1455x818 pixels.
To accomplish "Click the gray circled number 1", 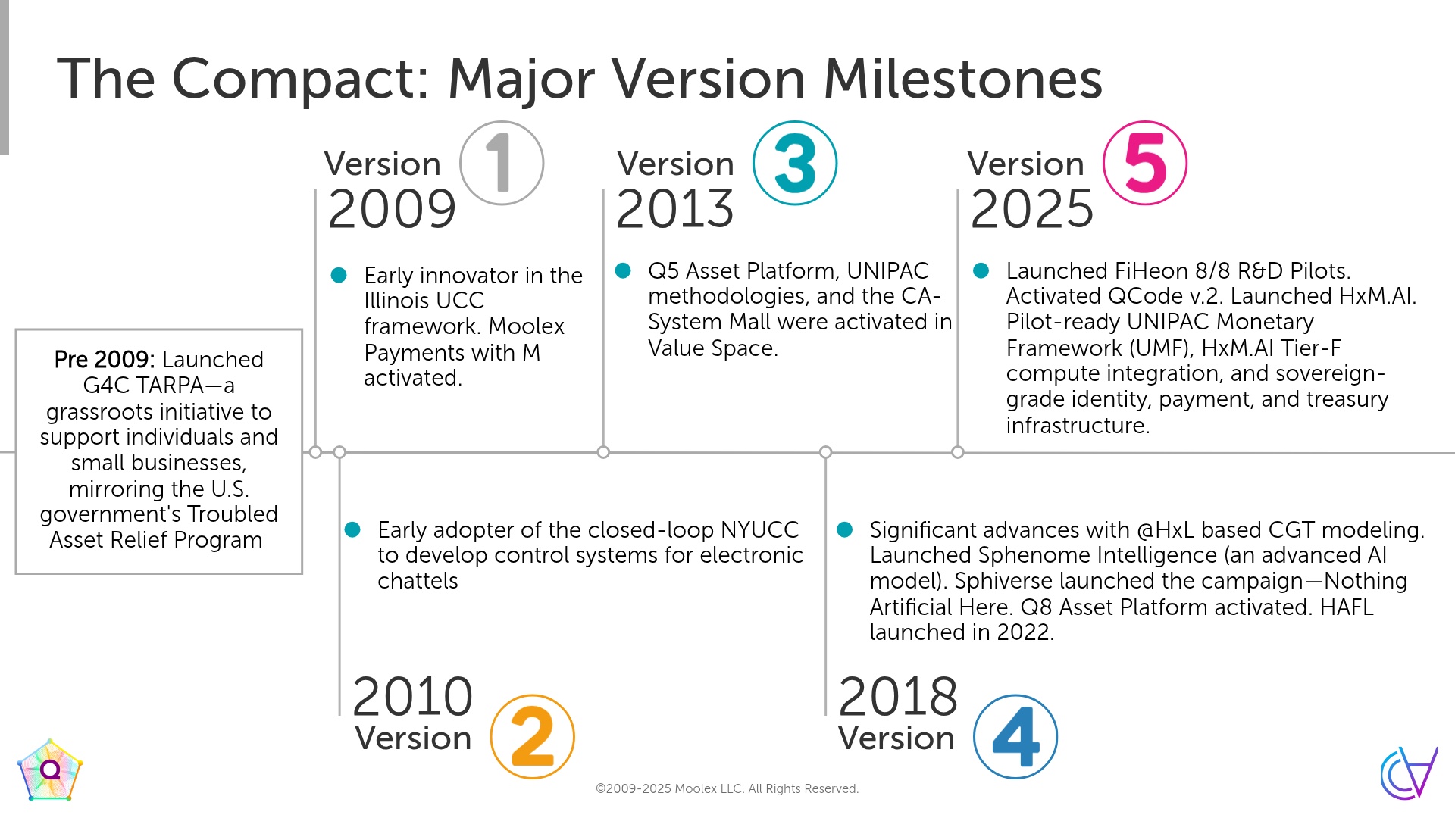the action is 502,163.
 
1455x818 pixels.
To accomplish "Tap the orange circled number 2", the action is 532,736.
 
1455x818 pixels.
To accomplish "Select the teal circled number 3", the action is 795,163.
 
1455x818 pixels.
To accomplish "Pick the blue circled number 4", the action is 1015,736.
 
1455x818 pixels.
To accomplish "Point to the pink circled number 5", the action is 1145,163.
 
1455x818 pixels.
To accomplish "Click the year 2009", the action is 393,209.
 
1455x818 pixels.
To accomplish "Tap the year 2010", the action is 413,697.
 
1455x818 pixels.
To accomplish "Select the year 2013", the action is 675,209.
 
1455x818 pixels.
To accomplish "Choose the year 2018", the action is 899,697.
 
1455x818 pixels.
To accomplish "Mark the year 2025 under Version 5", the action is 1032,209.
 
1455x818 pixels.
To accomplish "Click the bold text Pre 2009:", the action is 105,359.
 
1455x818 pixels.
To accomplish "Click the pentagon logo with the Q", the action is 50,770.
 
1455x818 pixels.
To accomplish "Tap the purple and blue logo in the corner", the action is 1409,773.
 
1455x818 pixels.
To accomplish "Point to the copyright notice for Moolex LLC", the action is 727,788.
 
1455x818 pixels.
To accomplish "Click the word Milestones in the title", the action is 962,79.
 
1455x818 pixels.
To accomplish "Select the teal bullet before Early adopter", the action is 352,529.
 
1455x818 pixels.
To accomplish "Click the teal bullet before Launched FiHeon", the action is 981,270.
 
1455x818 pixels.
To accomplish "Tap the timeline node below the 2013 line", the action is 603,452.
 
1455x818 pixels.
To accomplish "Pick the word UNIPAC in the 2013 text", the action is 887,270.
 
